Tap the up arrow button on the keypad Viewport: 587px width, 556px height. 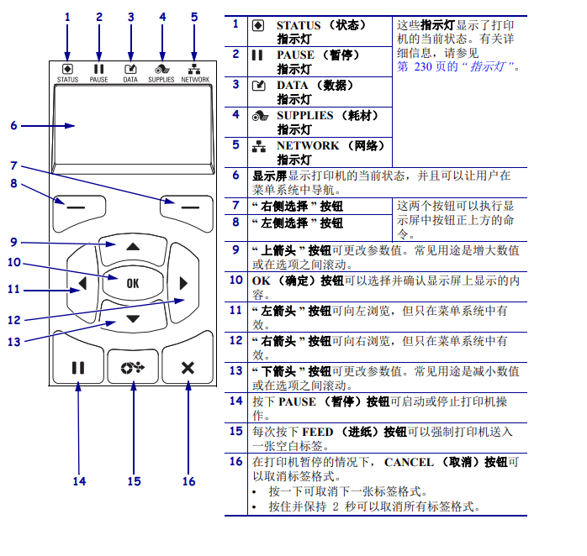coord(132,248)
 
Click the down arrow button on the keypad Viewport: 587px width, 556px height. coord(132,318)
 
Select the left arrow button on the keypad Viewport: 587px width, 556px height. coord(82,283)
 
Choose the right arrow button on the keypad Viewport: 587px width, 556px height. coord(182,283)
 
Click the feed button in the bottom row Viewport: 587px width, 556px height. coord(133,367)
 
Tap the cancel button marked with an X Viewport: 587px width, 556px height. coord(187,367)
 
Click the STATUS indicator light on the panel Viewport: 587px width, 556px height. coord(67,69)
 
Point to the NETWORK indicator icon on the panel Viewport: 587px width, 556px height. coord(194,69)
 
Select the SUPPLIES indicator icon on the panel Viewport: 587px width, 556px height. coord(161,69)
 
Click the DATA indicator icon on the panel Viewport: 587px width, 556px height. coord(130,69)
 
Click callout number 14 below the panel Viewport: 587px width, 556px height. coord(79,481)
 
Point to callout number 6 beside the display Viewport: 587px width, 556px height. coord(13,126)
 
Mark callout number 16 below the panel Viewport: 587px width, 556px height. coord(188,481)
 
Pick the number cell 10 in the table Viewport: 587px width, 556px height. coord(236,280)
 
